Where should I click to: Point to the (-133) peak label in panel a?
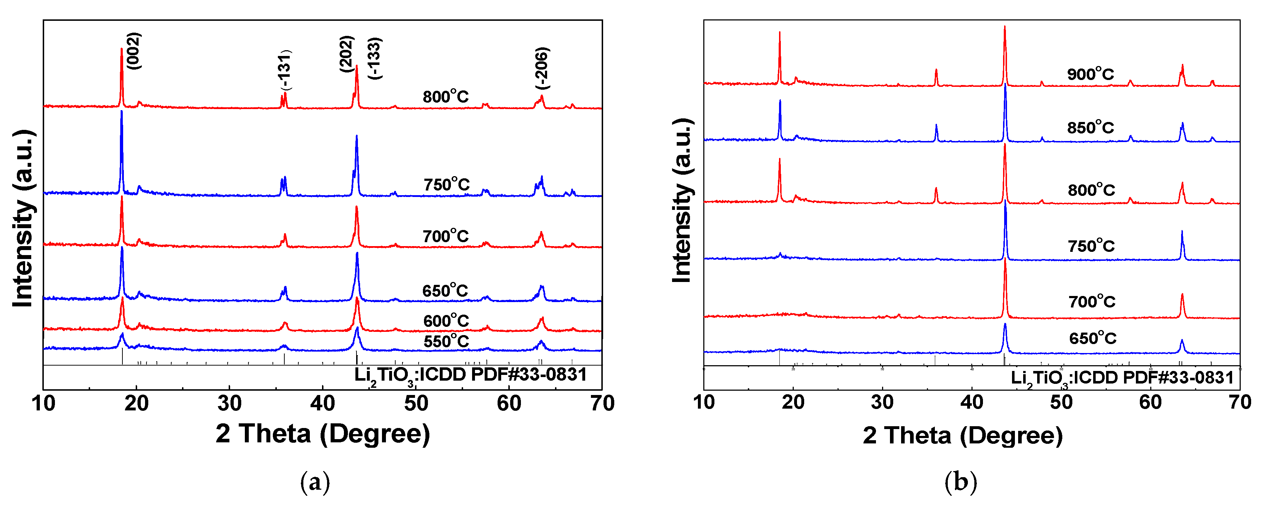tap(374, 58)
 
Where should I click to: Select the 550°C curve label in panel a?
tap(446, 341)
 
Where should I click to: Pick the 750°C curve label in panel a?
tap(447, 185)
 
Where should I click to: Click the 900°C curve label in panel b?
tap(1090, 74)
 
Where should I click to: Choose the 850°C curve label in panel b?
tap(1090, 128)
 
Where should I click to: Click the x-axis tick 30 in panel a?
tap(229, 404)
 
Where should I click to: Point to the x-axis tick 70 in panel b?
tap(1239, 402)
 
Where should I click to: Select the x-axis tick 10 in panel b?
tap(704, 402)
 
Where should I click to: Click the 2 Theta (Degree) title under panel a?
tap(322, 434)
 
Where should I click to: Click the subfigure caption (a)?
tap(315, 482)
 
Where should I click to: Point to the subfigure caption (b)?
tap(960, 482)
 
